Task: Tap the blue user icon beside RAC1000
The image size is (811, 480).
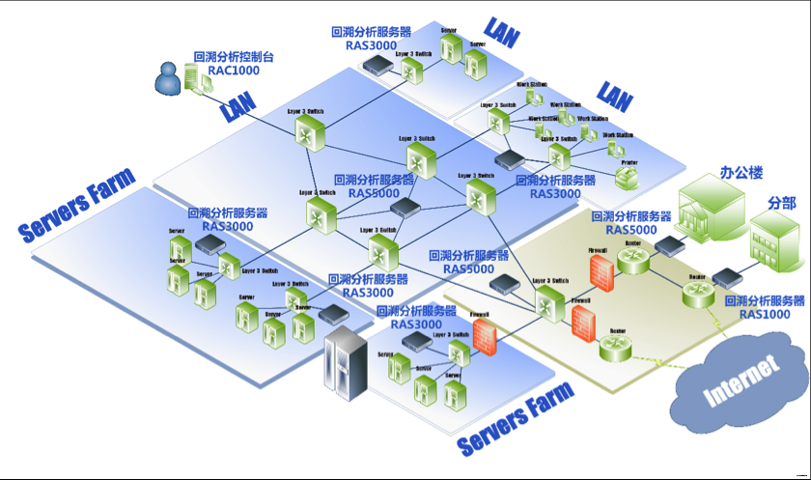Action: (x=169, y=80)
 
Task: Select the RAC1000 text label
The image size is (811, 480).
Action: (x=234, y=71)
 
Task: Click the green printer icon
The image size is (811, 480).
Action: (x=627, y=176)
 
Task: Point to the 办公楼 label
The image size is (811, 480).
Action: (x=741, y=174)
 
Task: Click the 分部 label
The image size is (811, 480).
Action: (x=782, y=204)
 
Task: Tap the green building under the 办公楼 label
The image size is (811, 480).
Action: (x=711, y=209)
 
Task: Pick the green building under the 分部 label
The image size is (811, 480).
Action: (x=775, y=242)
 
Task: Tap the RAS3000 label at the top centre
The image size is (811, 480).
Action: (x=369, y=44)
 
